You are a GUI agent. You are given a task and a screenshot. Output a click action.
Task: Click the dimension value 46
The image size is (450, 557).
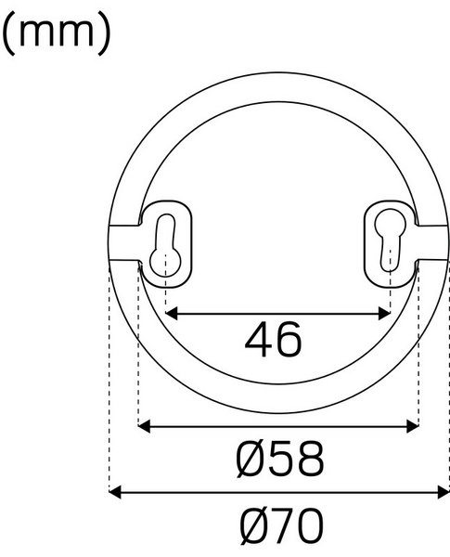[274, 341]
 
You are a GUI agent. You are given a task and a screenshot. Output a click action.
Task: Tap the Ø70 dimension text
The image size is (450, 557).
[281, 527]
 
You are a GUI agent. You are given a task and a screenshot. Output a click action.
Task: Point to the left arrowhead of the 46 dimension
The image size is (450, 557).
[172, 313]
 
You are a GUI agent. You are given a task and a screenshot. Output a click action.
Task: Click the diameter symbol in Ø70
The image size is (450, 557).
[249, 527]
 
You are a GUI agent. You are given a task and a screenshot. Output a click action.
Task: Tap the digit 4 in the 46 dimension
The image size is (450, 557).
[259, 341]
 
